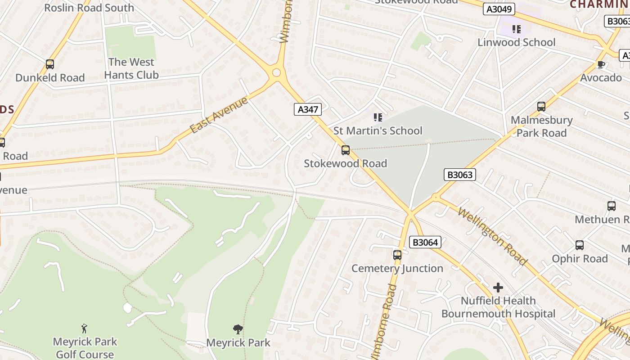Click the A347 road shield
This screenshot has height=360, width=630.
pos(308,109)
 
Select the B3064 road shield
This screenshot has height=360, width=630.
pos(425,243)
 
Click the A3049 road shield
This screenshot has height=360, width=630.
pos(499,9)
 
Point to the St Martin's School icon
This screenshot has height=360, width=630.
pos(378,117)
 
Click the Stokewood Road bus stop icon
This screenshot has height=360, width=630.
pos(345,150)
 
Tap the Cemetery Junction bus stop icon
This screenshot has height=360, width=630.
pos(397,255)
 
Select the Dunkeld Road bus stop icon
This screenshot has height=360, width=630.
pos(50,64)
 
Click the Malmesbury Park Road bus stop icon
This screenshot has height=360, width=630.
pos(541,107)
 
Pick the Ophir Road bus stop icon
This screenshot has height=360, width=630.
pos(580,245)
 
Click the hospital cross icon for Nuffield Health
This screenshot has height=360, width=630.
pos(498,287)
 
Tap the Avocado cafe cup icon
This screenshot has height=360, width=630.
pos(601,64)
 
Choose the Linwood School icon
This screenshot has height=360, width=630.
pos(516,29)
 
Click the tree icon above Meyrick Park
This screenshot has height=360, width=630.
pos(238,329)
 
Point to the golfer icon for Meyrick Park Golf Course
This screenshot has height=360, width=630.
pos(84,328)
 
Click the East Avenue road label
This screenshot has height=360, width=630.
pos(219,115)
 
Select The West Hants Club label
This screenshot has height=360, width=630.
pos(131,68)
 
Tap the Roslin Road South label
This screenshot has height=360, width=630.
pos(89,8)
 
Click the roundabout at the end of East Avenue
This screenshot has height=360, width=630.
pos(276,73)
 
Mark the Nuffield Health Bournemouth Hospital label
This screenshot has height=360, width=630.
pos(498,307)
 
